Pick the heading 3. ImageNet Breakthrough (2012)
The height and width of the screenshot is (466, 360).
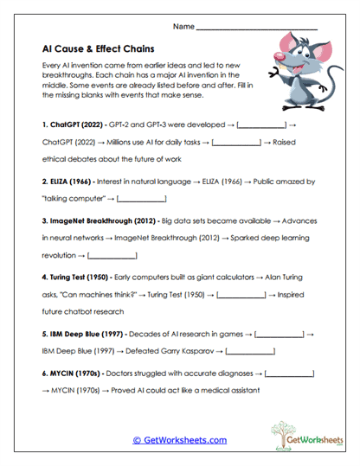pos(103,220)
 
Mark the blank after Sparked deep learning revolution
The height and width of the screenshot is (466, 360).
pos(112,257)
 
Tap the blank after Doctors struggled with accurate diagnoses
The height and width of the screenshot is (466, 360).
pos(289,373)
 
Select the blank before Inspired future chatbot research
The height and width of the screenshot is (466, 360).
pos(241,296)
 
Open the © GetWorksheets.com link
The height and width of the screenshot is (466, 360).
pos(180,440)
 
